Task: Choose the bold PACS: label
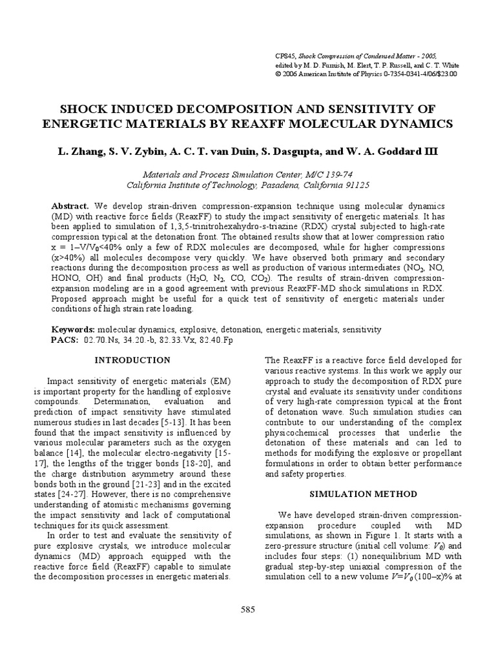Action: point(65,340)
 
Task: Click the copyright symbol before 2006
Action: point(278,74)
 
